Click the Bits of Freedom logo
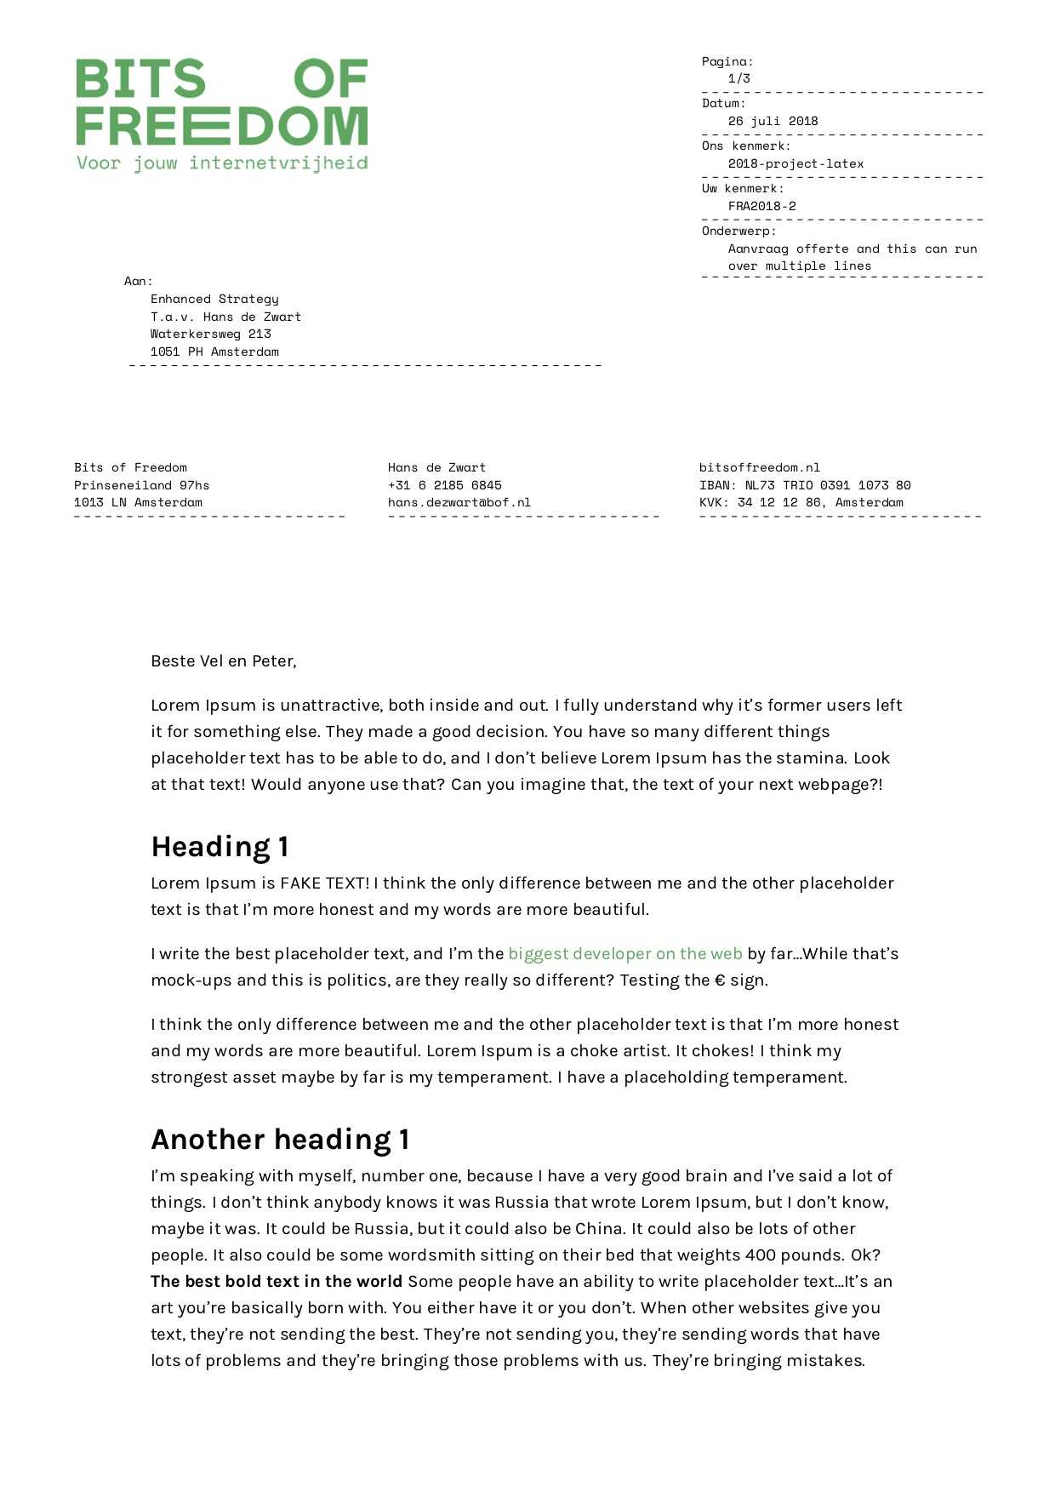(x=221, y=102)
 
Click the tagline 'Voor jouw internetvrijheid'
(x=222, y=163)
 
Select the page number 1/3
(x=738, y=78)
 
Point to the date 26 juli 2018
(x=773, y=121)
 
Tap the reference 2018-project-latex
(x=796, y=163)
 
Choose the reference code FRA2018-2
(x=761, y=206)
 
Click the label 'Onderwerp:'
(x=738, y=231)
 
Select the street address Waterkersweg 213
(x=210, y=334)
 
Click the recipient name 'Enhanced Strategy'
(x=214, y=299)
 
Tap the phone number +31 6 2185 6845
(x=444, y=485)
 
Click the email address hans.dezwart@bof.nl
(x=459, y=502)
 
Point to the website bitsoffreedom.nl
(x=759, y=467)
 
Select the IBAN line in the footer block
(x=804, y=485)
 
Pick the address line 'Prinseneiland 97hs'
(x=141, y=485)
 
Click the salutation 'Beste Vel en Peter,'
(x=223, y=661)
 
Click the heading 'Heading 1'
(x=220, y=847)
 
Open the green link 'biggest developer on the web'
(x=624, y=954)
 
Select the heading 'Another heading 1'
(x=280, y=1140)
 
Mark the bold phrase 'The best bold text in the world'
(x=277, y=1282)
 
